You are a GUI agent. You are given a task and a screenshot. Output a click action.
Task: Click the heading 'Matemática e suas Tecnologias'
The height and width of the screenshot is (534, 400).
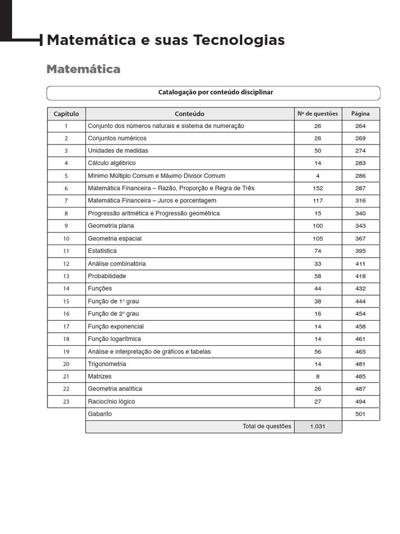tap(166, 40)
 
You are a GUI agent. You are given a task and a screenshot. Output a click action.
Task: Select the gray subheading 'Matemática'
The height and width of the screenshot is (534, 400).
tap(83, 69)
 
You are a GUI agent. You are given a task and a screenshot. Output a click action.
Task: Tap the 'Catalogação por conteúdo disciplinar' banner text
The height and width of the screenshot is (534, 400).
tap(215, 92)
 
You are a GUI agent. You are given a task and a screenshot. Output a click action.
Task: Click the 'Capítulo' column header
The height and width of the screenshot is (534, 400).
tap(66, 114)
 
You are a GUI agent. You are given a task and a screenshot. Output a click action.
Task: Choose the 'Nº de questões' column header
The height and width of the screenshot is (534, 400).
tap(317, 114)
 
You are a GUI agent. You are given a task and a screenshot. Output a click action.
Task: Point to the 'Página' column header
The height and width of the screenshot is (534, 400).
tap(360, 114)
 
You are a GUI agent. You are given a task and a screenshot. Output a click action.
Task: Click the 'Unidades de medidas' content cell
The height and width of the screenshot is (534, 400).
tap(118, 151)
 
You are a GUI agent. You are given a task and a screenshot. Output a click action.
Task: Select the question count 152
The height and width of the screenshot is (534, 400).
tap(318, 188)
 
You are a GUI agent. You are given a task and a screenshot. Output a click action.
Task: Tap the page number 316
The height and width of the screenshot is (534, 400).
tap(360, 201)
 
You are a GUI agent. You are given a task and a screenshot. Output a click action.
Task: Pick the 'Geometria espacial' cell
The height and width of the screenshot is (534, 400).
tap(115, 239)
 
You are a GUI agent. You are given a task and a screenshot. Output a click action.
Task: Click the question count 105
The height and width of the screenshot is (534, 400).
tap(318, 239)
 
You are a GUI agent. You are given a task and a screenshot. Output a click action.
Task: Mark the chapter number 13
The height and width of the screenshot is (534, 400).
tap(66, 276)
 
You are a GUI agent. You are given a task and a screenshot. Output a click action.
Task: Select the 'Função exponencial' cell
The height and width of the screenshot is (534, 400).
tap(116, 326)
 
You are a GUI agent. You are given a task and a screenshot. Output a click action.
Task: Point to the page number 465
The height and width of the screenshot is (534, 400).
tap(360, 352)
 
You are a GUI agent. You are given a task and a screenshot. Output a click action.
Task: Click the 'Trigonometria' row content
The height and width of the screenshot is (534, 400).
tap(107, 364)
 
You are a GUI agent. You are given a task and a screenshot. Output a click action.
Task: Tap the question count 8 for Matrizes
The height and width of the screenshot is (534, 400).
tap(318, 377)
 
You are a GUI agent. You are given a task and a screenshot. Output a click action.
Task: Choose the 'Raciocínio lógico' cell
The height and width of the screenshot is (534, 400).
tap(111, 402)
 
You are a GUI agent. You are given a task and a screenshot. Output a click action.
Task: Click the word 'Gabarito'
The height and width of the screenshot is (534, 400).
tap(100, 414)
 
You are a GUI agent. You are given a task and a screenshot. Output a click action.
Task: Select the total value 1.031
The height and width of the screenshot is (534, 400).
tap(318, 427)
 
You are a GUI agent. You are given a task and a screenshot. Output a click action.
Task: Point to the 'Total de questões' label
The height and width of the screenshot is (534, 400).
tap(267, 427)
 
